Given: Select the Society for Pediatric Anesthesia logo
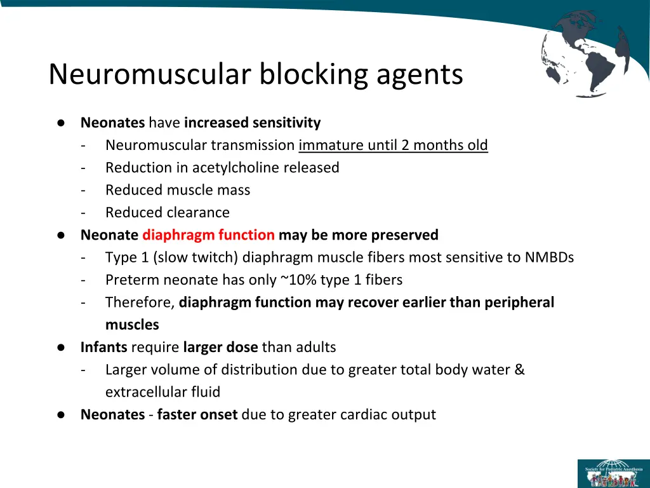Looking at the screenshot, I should [613, 473].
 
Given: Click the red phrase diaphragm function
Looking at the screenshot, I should [208, 235].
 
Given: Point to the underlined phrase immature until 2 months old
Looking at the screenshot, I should [393, 146].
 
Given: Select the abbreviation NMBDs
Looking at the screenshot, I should [550, 257].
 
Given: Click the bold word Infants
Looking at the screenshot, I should [104, 348].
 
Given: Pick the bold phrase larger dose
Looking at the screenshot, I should [220, 348].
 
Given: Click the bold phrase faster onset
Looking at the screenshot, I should [197, 415].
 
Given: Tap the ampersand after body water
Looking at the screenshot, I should [520, 370].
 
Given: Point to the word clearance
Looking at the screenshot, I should [199, 212].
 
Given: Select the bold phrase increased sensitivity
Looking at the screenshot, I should [253, 123].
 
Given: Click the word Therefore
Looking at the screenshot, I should [140, 302].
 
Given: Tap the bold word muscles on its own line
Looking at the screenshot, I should [132, 325].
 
